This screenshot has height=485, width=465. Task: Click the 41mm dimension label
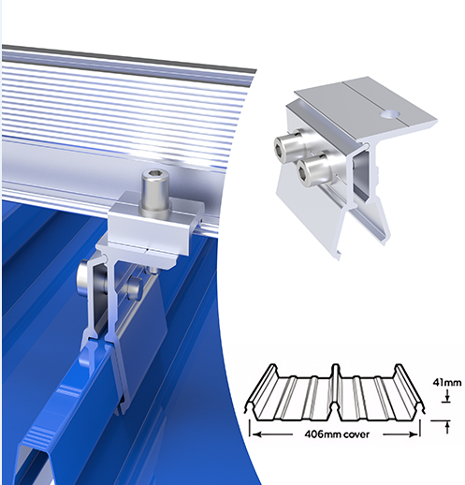[x=446, y=382]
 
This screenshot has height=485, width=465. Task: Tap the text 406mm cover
[x=337, y=434]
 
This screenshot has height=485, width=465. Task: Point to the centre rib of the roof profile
[x=335, y=387]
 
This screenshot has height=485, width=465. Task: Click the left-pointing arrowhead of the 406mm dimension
[x=257, y=434]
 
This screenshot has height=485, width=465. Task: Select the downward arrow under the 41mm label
[x=447, y=395]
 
